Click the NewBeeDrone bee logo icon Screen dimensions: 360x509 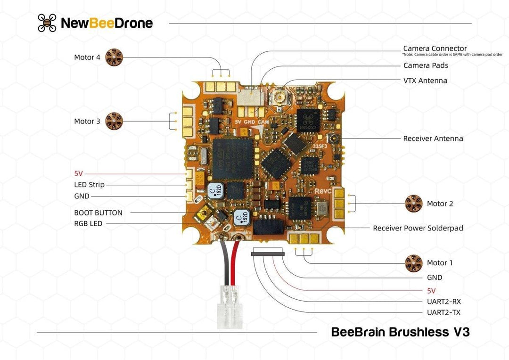pyautogui.click(x=47, y=23)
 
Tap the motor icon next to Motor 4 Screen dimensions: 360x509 pyautogui.click(x=114, y=57)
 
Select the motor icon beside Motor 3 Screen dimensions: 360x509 pyautogui.click(x=114, y=121)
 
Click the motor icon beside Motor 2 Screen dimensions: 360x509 pyautogui.click(x=414, y=204)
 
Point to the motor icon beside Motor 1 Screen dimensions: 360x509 pyautogui.click(x=414, y=263)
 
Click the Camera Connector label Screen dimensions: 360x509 pyautogui.click(x=435, y=49)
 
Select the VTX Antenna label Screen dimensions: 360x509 pyautogui.click(x=425, y=81)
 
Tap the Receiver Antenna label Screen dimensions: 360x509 pyautogui.click(x=433, y=139)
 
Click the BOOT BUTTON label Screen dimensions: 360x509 pyautogui.click(x=98, y=213)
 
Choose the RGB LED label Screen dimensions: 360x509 pyautogui.click(x=88, y=224)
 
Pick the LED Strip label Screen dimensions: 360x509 pyautogui.click(x=89, y=185)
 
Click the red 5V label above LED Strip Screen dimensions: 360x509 pyautogui.click(x=78, y=173)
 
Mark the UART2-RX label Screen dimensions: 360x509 pyautogui.click(x=443, y=302)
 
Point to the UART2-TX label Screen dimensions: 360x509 pyautogui.click(x=443, y=312)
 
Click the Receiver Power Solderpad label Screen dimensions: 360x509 pyautogui.click(x=418, y=228)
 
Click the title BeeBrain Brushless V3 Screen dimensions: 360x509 pyautogui.click(x=400, y=332)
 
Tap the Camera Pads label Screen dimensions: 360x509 pyautogui.click(x=426, y=65)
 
